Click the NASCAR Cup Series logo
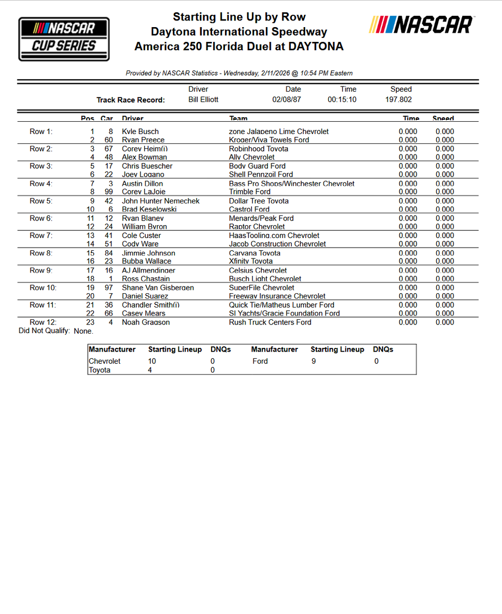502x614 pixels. coord(64,39)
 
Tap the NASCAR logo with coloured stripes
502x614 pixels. coord(421,25)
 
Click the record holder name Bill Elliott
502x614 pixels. coord(203,99)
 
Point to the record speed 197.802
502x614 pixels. coord(398,99)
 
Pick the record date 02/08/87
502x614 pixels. coord(286,99)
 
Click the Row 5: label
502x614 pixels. coord(41,201)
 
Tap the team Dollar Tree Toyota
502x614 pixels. coord(259,201)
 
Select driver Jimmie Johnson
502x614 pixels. coord(148,253)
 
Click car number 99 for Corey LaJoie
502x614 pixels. coord(108,192)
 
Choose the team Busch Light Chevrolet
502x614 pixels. coord(265,279)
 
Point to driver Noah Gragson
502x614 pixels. coord(146,322)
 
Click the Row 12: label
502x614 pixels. coord(43,322)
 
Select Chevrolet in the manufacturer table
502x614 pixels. coord(105,361)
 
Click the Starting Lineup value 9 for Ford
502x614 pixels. coord(313,361)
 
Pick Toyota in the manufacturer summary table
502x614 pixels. coord(100,370)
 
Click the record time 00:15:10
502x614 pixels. coord(342,99)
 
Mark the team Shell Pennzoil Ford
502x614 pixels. coord(261,174)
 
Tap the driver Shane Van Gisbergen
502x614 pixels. coord(157,288)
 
